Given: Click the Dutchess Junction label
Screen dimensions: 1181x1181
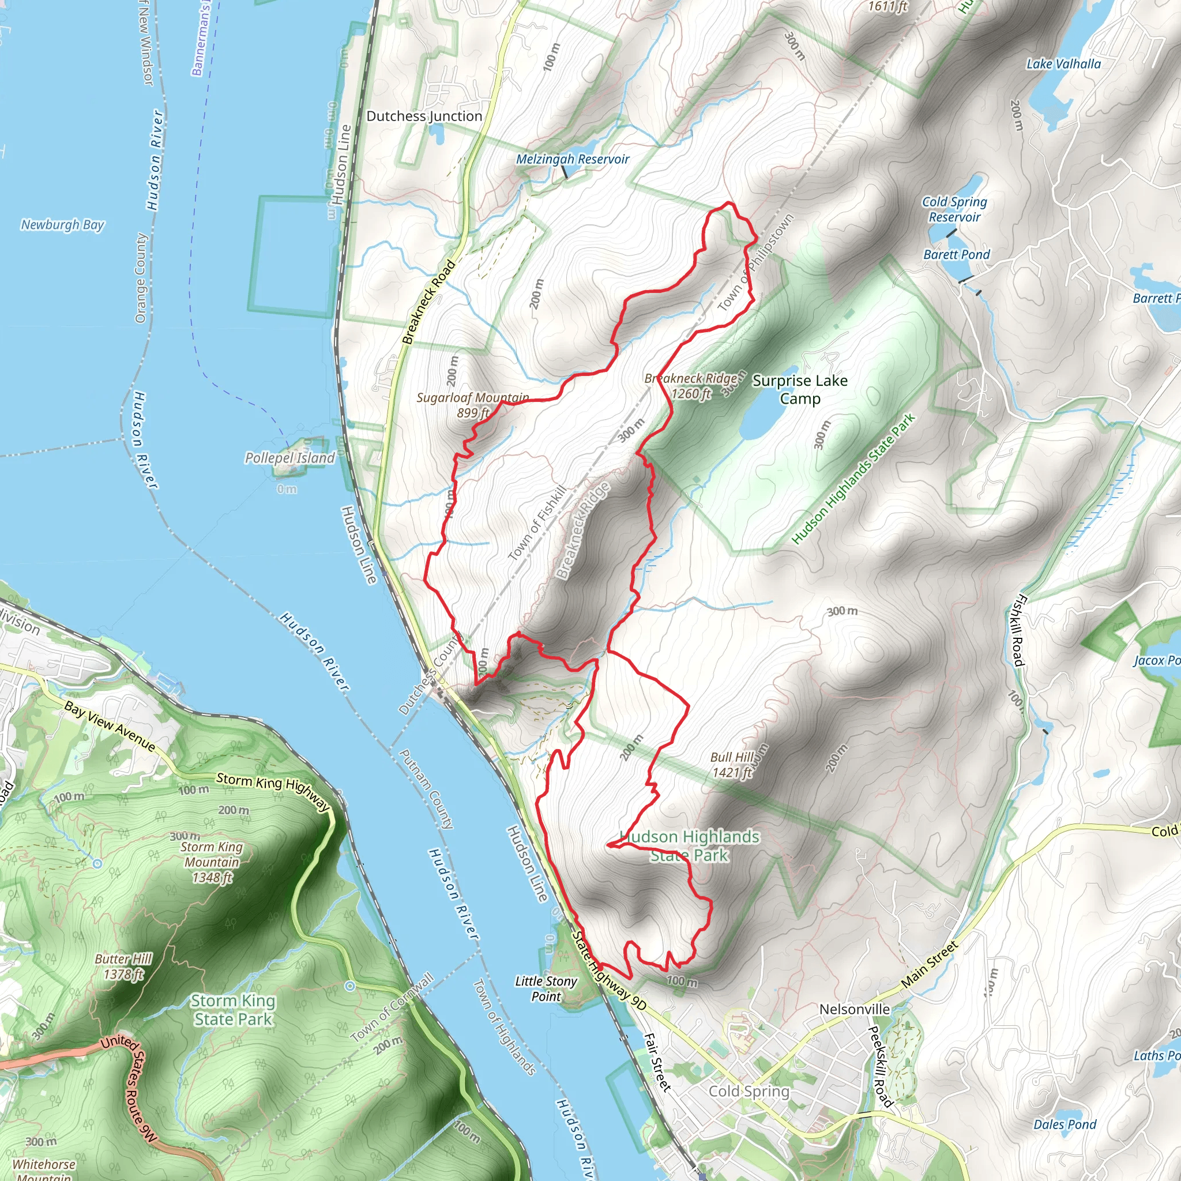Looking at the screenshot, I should click(x=424, y=116).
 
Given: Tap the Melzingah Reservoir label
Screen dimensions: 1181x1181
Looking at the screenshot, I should click(x=572, y=160).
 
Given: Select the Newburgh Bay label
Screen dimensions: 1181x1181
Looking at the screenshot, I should click(x=62, y=225).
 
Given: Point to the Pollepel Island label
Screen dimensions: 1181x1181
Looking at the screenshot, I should click(x=289, y=458).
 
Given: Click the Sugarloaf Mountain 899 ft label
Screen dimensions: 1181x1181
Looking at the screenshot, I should click(x=472, y=405).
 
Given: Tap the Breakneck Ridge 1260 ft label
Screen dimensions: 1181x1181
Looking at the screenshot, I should click(x=691, y=386).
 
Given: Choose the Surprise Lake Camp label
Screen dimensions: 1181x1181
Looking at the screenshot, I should click(x=800, y=389).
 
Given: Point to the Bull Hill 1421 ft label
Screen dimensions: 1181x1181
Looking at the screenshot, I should click(x=732, y=765).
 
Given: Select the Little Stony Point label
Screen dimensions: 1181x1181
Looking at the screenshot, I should click(x=546, y=988).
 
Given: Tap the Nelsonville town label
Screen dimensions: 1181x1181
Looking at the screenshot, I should click(x=854, y=1009).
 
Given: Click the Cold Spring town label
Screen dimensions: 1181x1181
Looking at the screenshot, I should click(x=749, y=1091).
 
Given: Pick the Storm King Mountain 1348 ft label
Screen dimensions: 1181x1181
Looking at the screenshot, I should click(x=212, y=862).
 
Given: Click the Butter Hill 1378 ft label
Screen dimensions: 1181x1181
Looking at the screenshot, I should click(x=123, y=966).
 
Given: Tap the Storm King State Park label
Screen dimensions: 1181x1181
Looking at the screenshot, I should click(x=233, y=1010).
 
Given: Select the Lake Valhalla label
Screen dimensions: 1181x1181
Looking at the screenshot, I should click(x=1063, y=64).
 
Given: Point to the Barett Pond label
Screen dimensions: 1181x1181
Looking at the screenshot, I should click(x=956, y=255).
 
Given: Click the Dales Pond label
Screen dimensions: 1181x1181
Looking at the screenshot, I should click(x=1065, y=1124).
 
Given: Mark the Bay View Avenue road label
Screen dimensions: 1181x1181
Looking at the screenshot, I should click(x=110, y=727).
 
